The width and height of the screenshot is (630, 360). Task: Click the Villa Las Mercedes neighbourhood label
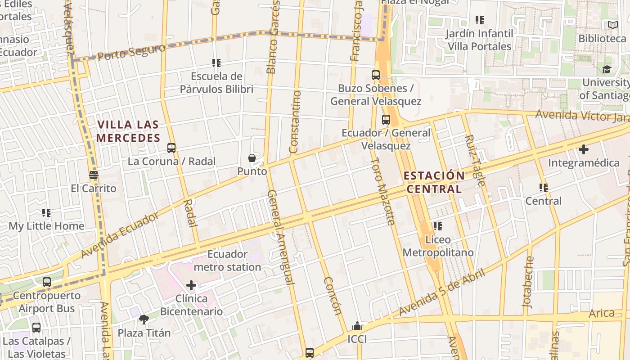click(128, 131)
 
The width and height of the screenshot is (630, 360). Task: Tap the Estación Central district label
click(434, 182)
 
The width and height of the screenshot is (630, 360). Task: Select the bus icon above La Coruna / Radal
click(171, 148)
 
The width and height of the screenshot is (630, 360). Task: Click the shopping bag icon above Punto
click(252, 158)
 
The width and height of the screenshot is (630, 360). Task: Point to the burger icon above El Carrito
click(94, 175)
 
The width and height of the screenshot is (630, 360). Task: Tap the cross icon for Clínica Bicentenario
click(191, 285)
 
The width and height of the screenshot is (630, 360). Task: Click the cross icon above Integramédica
click(584, 149)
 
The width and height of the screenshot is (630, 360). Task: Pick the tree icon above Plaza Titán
click(144, 319)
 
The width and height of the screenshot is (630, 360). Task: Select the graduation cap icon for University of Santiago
click(607, 69)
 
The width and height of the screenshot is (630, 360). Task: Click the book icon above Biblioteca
click(612, 25)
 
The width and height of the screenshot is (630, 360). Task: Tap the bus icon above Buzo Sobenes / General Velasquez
click(376, 75)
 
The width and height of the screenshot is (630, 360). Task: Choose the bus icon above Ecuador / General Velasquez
click(386, 120)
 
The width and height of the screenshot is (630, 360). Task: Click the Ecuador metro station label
click(227, 261)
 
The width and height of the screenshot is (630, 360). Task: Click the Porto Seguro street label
click(131, 52)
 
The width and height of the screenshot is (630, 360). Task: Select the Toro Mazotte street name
click(383, 191)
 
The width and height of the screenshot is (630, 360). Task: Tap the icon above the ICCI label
click(357, 326)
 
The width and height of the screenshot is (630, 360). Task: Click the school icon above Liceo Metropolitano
click(437, 226)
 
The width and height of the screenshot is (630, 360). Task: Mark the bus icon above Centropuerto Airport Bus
click(47, 282)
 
